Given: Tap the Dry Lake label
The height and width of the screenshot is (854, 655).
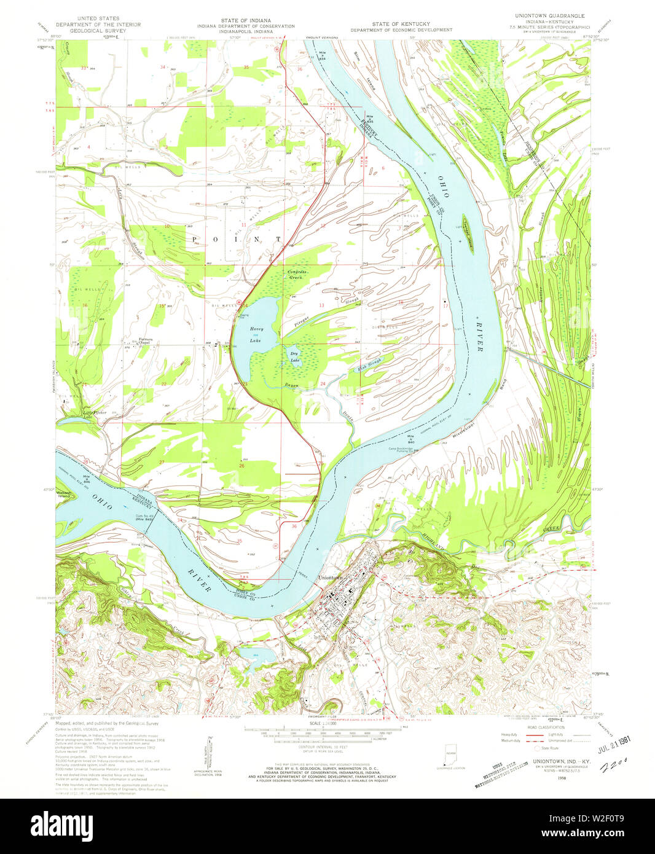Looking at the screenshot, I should (296, 357).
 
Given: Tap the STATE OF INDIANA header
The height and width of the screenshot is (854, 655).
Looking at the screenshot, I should (246, 20).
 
